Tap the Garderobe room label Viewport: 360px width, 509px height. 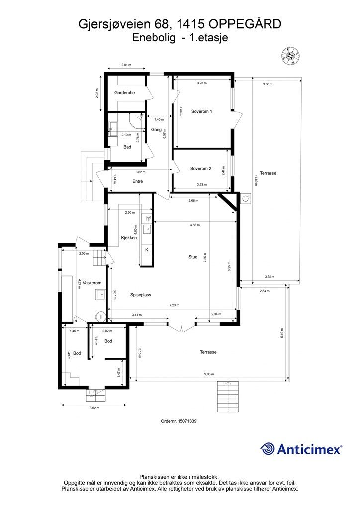(124, 93)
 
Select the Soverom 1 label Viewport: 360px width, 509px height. (201, 111)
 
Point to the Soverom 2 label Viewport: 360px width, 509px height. (201, 168)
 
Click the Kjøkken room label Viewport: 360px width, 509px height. (129, 237)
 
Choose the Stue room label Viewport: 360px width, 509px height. (193, 257)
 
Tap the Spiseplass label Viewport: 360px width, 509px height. (141, 295)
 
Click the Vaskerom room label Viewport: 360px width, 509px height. (92, 283)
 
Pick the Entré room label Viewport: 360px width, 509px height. (138, 181)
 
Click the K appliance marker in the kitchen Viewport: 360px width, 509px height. (147, 250)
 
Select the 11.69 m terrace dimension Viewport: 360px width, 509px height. (256, 180)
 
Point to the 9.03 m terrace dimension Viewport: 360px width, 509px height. (209, 374)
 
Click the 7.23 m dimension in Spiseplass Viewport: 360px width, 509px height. (174, 305)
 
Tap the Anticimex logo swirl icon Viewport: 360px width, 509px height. (268, 449)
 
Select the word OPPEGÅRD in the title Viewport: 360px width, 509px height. (245, 24)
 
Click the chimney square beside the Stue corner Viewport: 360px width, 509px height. (246, 199)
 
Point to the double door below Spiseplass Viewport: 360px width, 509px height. (182, 327)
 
